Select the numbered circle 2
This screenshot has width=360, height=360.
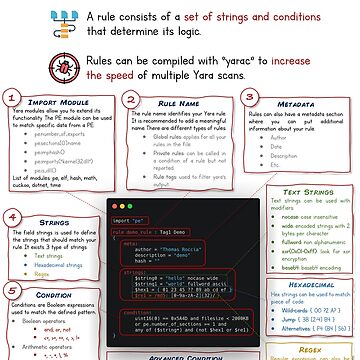[132, 100]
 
